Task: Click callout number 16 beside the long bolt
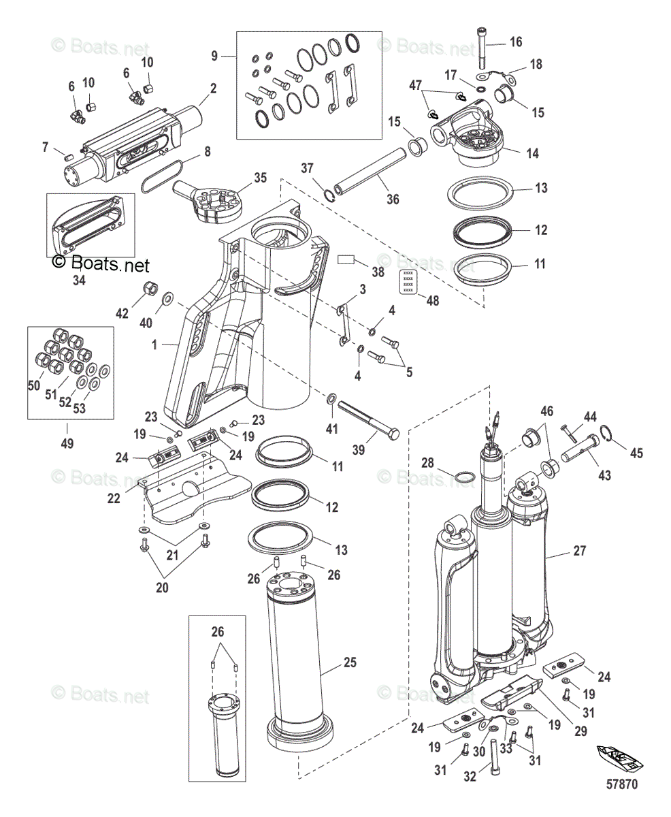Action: [516, 42]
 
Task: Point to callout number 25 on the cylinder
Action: [350, 662]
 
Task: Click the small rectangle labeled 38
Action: [348, 259]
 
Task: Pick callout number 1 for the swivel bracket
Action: [155, 345]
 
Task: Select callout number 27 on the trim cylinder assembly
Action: [579, 551]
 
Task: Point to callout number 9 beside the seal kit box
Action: [214, 56]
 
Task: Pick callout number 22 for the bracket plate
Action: [114, 498]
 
